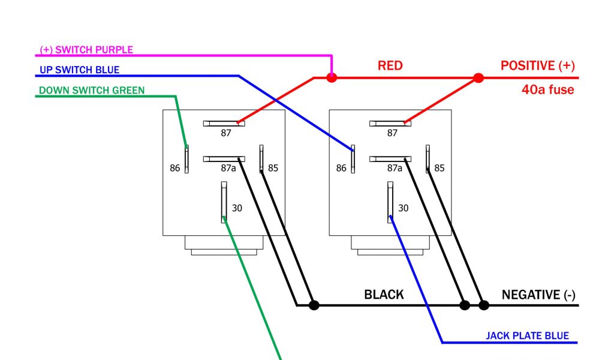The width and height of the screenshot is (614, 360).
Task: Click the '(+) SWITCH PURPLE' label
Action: pos(86,50)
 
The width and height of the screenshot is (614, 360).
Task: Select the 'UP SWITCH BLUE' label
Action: pos(80,70)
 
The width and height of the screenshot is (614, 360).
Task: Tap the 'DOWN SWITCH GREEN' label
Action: pos(91,91)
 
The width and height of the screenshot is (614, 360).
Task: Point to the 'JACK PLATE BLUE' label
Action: pos(527,336)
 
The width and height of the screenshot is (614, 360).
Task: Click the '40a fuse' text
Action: pos(547,90)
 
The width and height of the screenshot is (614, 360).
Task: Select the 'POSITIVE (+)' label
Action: pos(537,66)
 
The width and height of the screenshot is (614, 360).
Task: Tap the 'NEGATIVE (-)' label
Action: pos(538,295)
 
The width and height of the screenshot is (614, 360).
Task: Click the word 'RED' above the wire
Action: pos(390,66)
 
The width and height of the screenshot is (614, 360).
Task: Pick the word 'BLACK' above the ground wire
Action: pos(384,295)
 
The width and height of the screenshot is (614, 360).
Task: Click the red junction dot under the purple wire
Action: pos(332,77)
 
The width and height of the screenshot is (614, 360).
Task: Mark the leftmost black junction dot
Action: pos(314,305)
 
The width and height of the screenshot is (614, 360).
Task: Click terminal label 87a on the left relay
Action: pos(228,169)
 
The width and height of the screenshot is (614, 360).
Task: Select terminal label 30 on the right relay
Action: pos(404,208)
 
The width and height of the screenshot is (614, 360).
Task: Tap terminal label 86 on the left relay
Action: pos(174,169)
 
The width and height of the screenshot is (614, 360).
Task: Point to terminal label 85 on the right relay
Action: pos(440,169)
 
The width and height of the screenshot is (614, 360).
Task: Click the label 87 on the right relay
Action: pos(392,133)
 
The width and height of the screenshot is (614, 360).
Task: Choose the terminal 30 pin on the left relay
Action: pos(223,202)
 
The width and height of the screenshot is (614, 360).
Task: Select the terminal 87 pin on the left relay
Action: pos(224,124)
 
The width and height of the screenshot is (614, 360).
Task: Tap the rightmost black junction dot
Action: pos(484,305)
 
